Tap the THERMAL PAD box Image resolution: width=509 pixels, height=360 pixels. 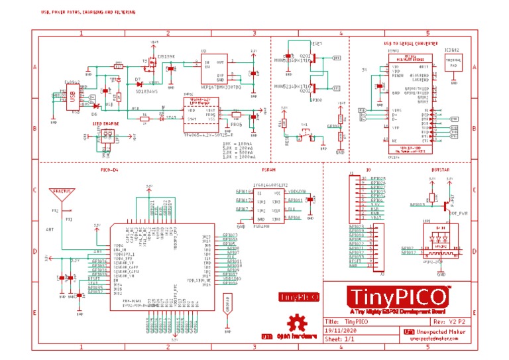coord(454,63)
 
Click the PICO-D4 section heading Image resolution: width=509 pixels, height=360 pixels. coord(110,170)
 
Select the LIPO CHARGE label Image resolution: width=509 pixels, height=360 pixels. coord(106,124)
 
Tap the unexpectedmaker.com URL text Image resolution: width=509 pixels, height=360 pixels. coord(434,337)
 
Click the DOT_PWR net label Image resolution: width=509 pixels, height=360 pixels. coord(459,213)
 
